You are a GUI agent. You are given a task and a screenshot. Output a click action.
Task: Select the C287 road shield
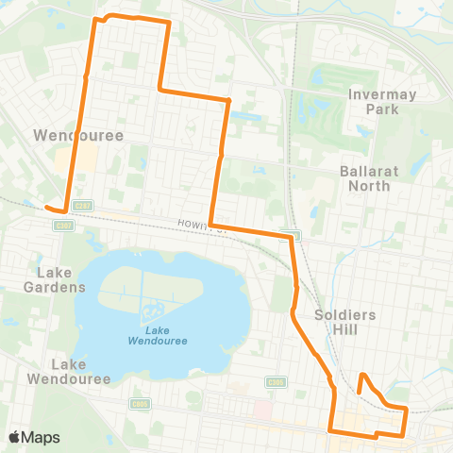pos(81,205)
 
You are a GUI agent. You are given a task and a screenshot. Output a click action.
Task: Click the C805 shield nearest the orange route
pos(276,382)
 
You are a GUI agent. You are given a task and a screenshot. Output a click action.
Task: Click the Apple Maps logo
pos(34,437)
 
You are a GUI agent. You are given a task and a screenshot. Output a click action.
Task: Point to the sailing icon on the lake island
pos(150,310)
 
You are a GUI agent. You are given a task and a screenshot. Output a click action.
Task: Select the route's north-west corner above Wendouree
pos(93,20)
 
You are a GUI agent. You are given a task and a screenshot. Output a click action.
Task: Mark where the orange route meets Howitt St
pos(211,225)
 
